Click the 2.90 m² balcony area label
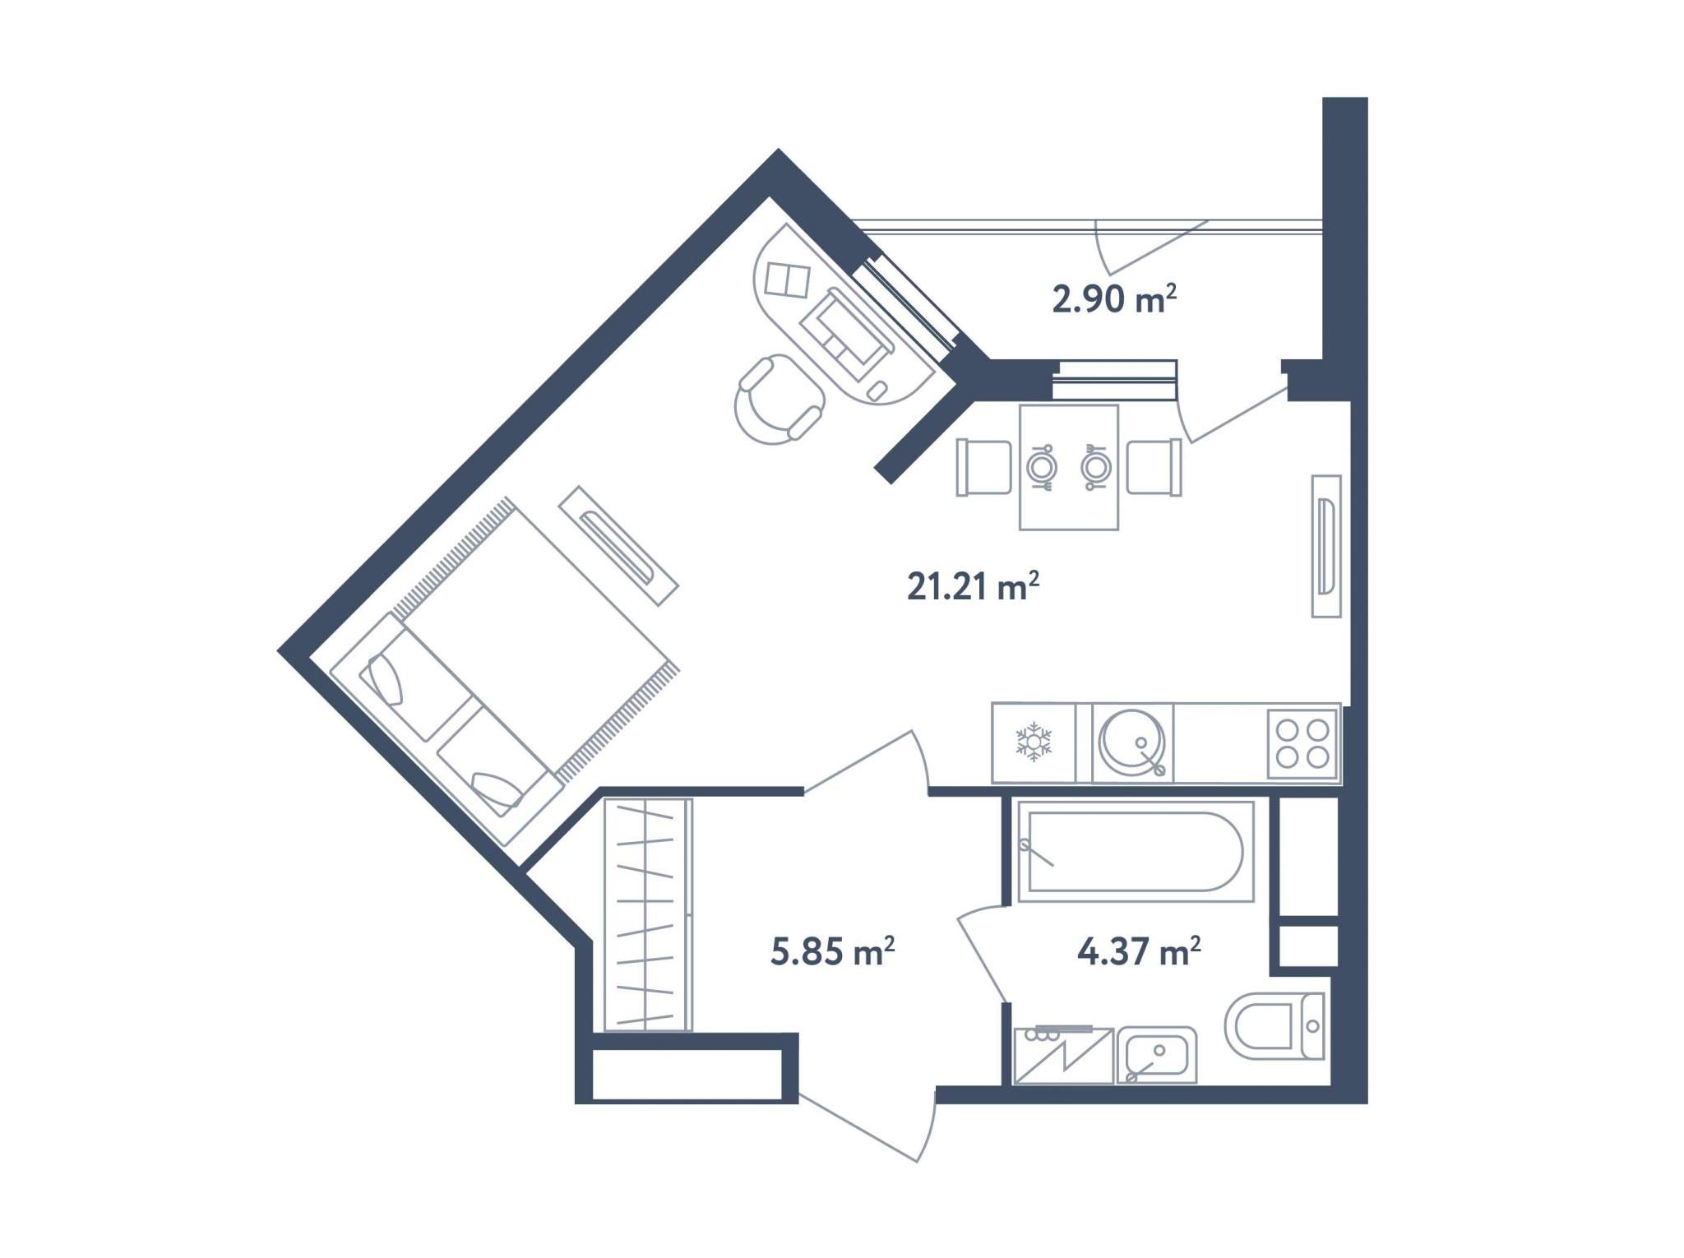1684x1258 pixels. click(1114, 298)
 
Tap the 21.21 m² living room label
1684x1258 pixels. click(973, 586)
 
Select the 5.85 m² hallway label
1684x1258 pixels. click(832, 950)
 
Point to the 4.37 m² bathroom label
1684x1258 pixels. click(1139, 950)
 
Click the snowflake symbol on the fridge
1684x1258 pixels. click(1034, 742)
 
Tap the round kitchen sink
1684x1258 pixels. click(1132, 742)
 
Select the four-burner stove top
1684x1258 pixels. click(1302, 743)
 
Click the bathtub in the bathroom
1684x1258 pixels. click(1136, 850)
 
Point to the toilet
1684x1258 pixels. click(1275, 1025)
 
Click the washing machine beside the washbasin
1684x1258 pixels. click(1063, 1055)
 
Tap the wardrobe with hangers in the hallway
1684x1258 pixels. click(648, 914)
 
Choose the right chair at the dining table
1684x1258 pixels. click(1154, 467)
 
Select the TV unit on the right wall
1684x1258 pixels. click(1325, 546)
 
